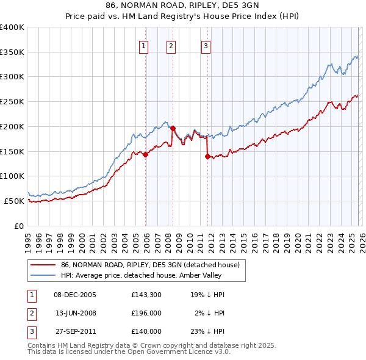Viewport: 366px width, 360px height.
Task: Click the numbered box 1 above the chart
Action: click(143, 45)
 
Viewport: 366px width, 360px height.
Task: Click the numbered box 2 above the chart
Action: click(171, 45)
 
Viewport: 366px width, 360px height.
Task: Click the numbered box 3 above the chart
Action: click(206, 45)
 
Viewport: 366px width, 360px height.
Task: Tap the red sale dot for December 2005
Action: click(146, 155)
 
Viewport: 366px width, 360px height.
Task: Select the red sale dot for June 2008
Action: click(173, 129)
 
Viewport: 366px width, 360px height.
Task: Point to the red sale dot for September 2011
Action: click(208, 156)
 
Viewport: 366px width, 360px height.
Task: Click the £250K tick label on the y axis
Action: click(12, 101)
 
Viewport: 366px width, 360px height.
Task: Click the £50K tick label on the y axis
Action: click(14, 201)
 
